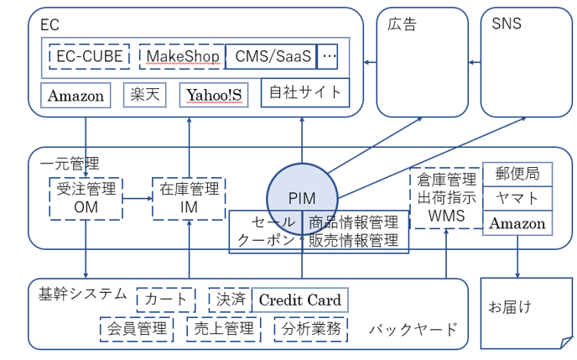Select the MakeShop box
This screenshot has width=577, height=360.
[182, 56]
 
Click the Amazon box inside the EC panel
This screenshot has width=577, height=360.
[76, 95]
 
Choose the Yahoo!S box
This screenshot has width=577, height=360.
[214, 95]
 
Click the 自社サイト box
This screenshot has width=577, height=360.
[305, 91]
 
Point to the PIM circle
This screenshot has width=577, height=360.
[301, 198]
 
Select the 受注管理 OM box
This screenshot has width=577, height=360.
[86, 198]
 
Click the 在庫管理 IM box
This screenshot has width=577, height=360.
[189, 198]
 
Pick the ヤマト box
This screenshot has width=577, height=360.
[517, 199]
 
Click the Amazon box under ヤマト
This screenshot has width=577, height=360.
[517, 223]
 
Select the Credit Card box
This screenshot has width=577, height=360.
[299, 300]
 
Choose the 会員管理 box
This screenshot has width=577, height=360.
[135, 328]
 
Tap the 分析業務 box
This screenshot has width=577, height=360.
[309, 328]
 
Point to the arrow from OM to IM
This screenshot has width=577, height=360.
[137, 198]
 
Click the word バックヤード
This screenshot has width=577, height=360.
[413, 329]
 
